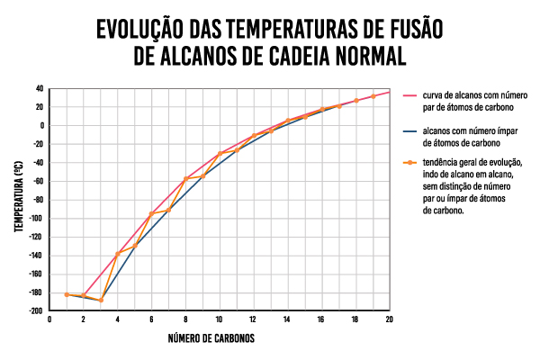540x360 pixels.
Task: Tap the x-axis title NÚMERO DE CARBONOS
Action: pos(211,339)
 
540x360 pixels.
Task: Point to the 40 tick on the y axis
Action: pos(40,88)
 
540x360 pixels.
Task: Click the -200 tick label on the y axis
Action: pos(37,310)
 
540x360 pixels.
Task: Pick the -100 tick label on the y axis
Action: pos(37,218)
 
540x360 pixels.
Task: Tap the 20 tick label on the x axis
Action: pos(389,319)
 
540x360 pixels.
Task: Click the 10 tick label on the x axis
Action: pos(219,319)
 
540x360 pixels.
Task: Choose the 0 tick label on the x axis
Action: pos(49,319)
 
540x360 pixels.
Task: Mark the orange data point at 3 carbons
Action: pos(101,300)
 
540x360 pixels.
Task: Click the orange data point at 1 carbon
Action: pos(67,294)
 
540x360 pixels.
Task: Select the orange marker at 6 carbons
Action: pos(151,213)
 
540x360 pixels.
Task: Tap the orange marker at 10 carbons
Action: pos(220,154)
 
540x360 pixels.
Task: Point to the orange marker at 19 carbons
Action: pos(373,95)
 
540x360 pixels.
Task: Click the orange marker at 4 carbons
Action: pos(118,254)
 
